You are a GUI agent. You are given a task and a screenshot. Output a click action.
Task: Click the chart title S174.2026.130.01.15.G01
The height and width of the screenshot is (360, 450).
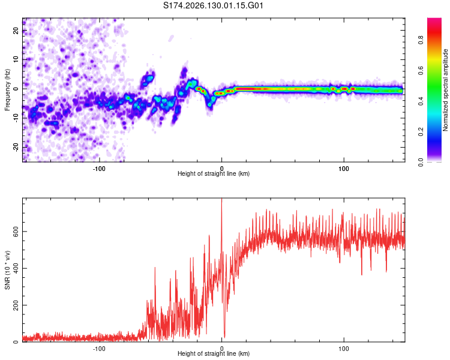[x=213, y=5]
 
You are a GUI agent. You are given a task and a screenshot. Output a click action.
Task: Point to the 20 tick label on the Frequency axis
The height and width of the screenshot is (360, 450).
[x=16, y=31]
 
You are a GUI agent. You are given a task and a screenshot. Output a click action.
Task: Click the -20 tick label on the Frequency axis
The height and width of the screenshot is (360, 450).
[x=16, y=148]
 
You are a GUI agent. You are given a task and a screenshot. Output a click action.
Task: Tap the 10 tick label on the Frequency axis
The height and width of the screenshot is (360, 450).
[x=16, y=59]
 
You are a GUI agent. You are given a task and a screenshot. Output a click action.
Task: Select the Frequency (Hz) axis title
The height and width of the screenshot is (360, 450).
[x=7, y=90]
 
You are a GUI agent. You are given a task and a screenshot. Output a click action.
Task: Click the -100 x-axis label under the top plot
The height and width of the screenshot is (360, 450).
[x=99, y=169]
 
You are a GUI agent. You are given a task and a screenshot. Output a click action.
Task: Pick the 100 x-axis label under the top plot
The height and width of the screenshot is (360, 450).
[x=344, y=169]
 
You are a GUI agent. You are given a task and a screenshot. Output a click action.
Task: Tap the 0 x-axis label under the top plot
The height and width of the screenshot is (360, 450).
[x=221, y=169]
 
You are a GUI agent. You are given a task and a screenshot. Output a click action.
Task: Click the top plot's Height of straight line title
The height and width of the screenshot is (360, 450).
[x=214, y=173]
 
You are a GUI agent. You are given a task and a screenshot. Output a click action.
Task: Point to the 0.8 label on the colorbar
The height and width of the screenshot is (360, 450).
[x=421, y=40]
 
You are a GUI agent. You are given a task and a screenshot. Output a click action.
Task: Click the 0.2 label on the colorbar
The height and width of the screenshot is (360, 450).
[x=421, y=132]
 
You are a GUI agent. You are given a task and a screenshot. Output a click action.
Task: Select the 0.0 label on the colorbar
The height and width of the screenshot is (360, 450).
[x=421, y=162]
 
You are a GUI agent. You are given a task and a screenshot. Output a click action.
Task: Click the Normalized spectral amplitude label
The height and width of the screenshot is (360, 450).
[x=445, y=90]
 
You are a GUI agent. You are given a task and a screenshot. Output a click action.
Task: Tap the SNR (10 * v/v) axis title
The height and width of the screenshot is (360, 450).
[x=7, y=270]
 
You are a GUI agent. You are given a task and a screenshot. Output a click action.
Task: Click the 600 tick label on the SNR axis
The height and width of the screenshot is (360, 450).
[x=16, y=232]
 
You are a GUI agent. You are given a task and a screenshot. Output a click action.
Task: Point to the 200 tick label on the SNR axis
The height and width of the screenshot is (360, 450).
[x=16, y=305]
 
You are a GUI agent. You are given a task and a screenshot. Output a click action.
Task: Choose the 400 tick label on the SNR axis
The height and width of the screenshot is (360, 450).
[x=16, y=268]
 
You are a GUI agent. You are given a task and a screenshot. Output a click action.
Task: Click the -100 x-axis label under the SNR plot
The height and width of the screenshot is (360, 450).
[x=99, y=349]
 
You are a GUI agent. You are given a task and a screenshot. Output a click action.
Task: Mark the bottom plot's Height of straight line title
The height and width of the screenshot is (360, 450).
[x=214, y=353]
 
